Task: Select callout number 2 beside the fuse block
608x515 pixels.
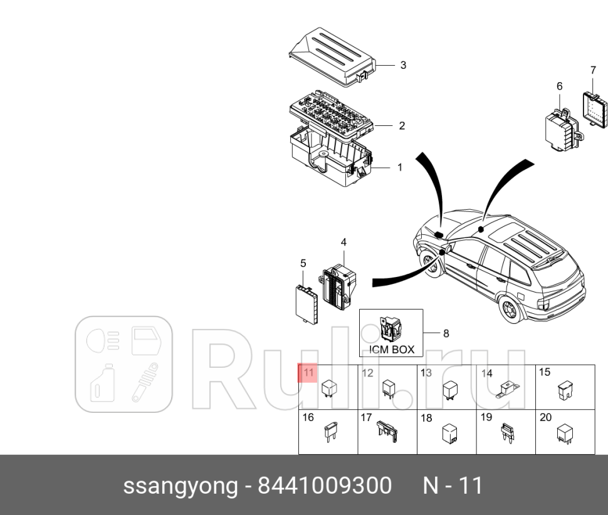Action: (x=402, y=126)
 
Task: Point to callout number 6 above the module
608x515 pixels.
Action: (x=559, y=86)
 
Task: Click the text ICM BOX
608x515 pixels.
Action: (x=390, y=350)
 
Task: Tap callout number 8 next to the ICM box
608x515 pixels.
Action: (x=446, y=333)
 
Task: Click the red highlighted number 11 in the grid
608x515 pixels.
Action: (x=308, y=373)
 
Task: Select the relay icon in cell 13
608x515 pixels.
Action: (x=449, y=389)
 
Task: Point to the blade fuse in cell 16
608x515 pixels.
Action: (x=328, y=433)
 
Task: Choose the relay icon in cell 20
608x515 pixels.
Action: (x=567, y=432)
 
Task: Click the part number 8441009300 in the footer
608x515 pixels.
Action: (x=325, y=486)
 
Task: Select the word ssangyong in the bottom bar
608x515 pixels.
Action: (x=181, y=486)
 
